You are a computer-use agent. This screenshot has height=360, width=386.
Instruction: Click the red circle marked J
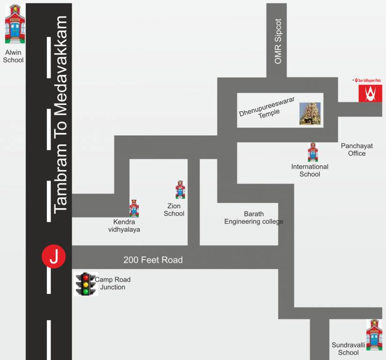(54, 257)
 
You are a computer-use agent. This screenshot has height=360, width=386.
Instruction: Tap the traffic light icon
(86, 284)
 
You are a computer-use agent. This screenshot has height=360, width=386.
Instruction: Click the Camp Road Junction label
(113, 283)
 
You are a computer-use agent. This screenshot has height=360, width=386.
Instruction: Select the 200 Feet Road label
(153, 260)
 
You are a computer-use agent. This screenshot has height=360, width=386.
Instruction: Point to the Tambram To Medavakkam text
(61, 115)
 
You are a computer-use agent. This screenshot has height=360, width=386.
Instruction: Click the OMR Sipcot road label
(278, 41)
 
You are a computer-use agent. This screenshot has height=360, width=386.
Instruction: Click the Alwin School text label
(13, 56)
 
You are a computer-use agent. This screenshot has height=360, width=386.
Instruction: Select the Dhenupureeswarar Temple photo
(310, 113)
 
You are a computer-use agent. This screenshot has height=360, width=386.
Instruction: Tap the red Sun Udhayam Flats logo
(370, 93)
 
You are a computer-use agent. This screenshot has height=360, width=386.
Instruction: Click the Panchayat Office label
(356, 150)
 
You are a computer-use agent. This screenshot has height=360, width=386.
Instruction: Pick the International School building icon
(312, 153)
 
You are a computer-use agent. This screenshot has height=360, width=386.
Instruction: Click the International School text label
(310, 170)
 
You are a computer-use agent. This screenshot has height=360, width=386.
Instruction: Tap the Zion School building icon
(180, 189)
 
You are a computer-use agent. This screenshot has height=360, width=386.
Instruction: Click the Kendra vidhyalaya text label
(124, 225)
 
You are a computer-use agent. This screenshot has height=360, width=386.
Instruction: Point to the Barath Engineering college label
(253, 217)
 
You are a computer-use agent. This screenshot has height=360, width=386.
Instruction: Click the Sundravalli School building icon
(374, 335)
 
